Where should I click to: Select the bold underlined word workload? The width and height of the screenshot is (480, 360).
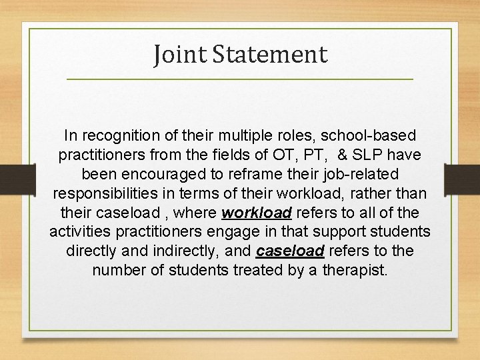click(x=257, y=213)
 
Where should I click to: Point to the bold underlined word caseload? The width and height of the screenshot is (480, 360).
click(x=290, y=251)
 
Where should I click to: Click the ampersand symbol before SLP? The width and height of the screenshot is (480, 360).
click(x=343, y=155)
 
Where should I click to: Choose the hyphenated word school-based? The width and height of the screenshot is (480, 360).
click(x=370, y=136)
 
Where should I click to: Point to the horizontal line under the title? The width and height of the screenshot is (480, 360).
click(x=240, y=80)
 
